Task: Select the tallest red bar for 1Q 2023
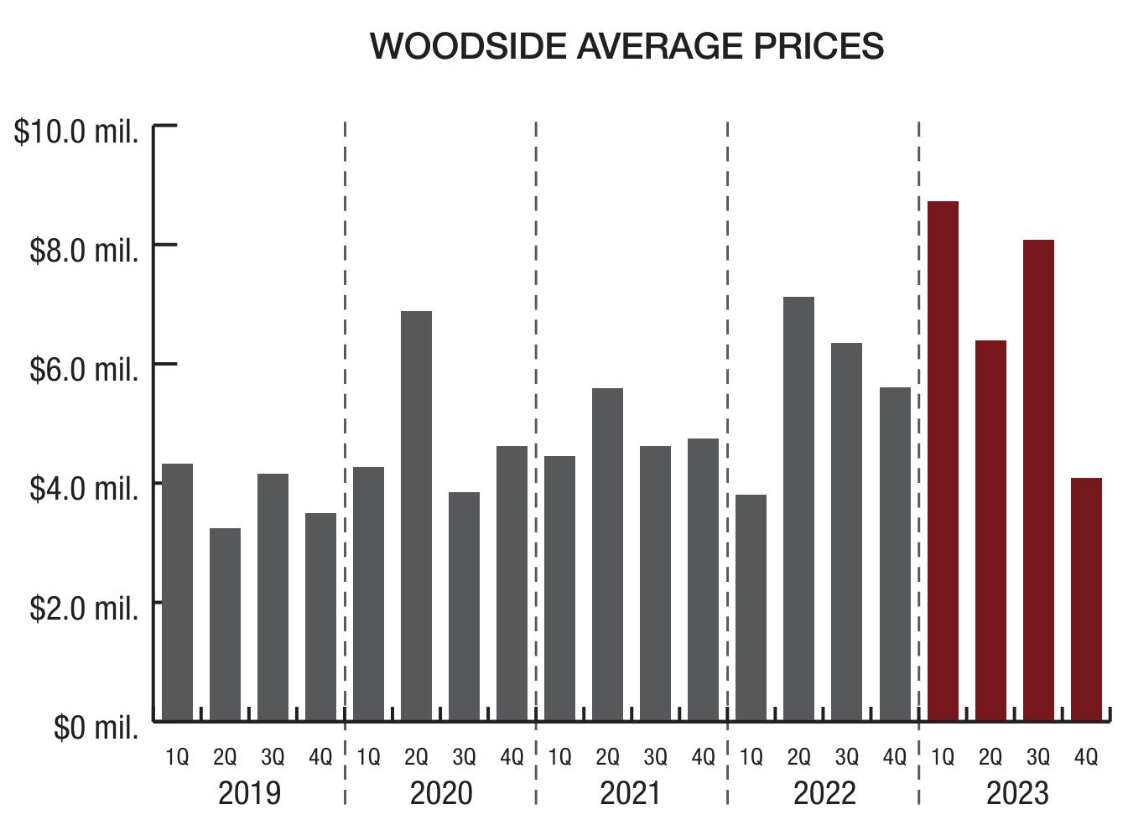point(943,461)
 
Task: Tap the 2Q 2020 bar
point(416,516)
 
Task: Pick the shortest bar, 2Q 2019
point(225,624)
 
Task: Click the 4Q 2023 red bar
point(1086,599)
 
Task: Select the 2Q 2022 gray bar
point(798,508)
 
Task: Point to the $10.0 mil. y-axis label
point(76,132)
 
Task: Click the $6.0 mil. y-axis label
point(84,369)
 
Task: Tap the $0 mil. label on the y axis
point(96,727)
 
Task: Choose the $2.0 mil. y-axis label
point(84,608)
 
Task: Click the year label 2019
point(249,792)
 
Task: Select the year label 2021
point(631,792)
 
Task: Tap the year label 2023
point(1016,792)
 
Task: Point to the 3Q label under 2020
point(464,758)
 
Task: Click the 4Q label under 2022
point(895,758)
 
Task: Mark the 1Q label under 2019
point(177,758)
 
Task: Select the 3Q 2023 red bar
point(1038,480)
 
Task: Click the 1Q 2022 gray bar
point(751,607)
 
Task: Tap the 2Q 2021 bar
point(607,554)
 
